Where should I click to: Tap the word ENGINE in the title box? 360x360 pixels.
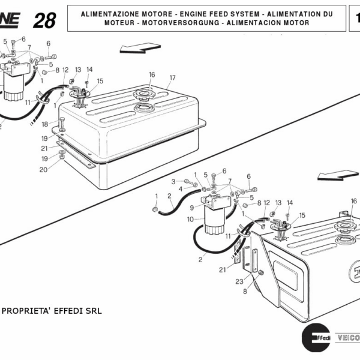click(x=179, y=13)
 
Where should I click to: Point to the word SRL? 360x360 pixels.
click(x=93, y=311)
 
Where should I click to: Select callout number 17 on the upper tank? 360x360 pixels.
click(x=172, y=77)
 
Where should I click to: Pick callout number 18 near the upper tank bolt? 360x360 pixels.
click(x=44, y=124)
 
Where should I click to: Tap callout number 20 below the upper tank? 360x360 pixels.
click(x=43, y=170)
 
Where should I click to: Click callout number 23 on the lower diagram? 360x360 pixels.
click(x=238, y=281)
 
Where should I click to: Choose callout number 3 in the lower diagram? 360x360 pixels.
click(x=173, y=181)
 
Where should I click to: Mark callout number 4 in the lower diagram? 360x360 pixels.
click(x=181, y=189)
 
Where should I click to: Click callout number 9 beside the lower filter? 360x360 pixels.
click(x=192, y=208)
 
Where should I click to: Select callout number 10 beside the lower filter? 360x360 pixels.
click(x=190, y=220)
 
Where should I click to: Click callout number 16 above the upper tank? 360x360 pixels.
click(x=152, y=74)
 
